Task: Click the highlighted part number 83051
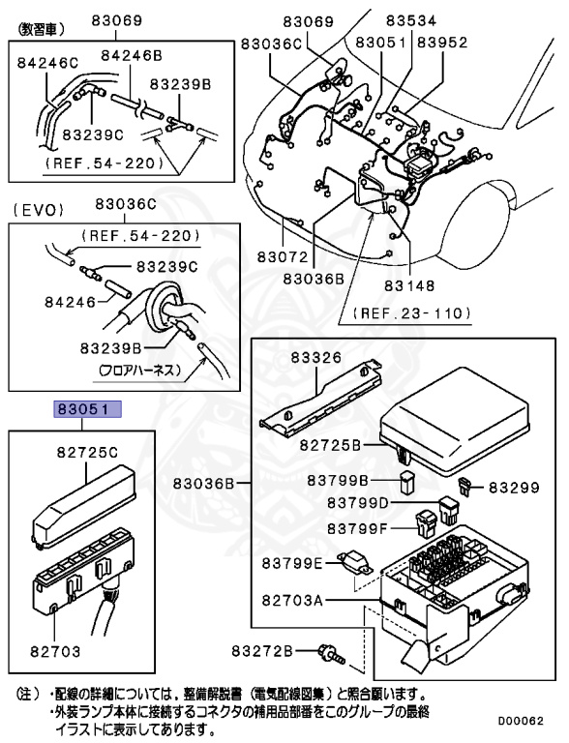[x=87, y=409]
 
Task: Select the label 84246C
[x=47, y=63]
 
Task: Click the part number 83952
[x=441, y=43]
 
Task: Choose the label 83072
[x=283, y=258]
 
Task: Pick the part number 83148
[x=409, y=285]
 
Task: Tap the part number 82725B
[x=330, y=445]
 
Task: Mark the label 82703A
[x=292, y=600]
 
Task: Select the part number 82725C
[x=86, y=451]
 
